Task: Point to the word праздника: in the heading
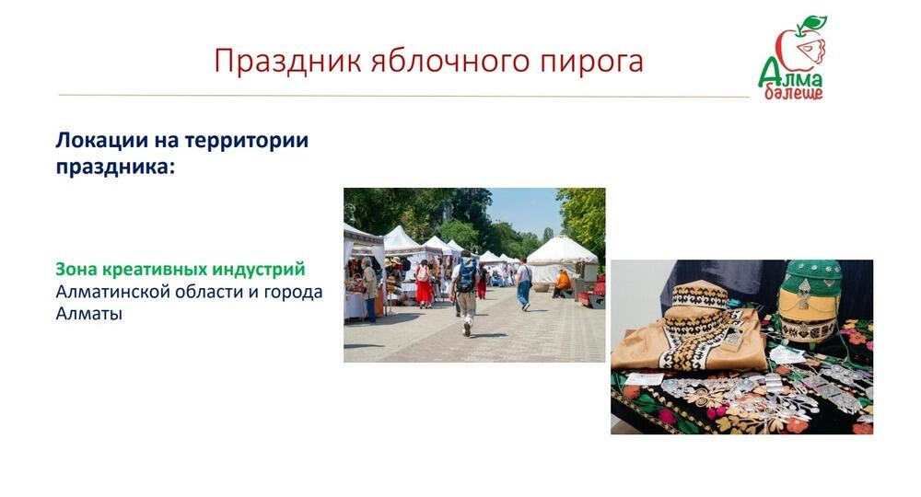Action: pos(115,168)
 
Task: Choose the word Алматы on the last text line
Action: pos(89,314)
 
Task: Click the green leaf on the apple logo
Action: pos(811,24)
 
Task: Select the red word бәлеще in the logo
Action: pos(794,92)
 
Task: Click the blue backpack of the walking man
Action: pos(466,275)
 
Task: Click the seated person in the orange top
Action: pos(562,283)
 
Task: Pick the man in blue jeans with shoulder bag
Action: pos(523,283)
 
